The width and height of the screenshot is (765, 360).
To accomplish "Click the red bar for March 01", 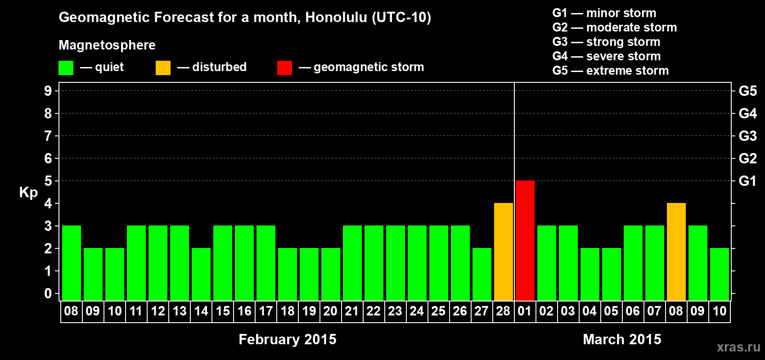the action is point(525,240).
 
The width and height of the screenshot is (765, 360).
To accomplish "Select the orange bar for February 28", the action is point(504,252).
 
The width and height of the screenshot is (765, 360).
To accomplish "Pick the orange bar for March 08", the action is point(676,252).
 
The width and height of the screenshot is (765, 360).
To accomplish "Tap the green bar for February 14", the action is point(201,274).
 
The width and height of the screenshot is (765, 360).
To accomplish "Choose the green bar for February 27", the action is point(482,274).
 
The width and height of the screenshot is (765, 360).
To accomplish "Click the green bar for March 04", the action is point(590,274).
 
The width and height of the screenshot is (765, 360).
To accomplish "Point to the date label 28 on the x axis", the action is point(503,311).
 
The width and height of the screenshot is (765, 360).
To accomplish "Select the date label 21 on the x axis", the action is point(352,311).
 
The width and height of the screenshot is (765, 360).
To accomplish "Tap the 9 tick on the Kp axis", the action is point(48,91).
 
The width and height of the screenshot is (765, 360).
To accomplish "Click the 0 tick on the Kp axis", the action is point(48,293).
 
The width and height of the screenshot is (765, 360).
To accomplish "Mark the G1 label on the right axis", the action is point(748,181).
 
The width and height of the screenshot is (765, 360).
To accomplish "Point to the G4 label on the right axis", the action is point(748,113).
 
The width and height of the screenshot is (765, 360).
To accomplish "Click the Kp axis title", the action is point(28,193).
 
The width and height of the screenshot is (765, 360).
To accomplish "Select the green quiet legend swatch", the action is point(66,67).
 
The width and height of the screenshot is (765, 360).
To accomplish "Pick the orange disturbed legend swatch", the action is point(163,67).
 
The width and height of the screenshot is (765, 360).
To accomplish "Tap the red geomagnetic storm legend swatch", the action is point(285,67).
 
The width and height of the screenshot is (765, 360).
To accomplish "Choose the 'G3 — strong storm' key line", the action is point(606,42).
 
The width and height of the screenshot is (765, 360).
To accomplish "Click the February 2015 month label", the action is point(288,339).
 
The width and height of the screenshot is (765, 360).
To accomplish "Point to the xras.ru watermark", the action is point(738,347).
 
